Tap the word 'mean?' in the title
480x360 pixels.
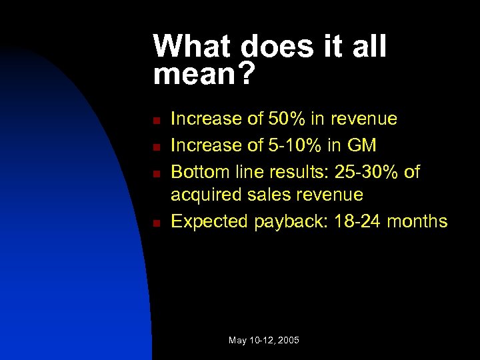[204, 75]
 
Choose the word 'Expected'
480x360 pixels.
[210, 221]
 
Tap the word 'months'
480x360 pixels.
[418, 221]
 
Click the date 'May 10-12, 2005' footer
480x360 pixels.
[264, 341]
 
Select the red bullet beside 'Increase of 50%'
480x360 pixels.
[155, 121]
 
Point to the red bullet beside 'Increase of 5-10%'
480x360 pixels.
[155, 147]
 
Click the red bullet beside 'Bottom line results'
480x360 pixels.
[155, 173]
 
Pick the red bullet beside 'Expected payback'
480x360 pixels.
[155, 223]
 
